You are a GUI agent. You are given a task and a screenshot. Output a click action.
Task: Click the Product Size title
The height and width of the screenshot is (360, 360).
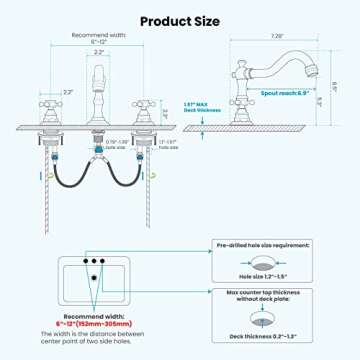coord(180,19)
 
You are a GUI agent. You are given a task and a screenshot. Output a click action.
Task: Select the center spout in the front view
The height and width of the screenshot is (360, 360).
coord(99,85)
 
